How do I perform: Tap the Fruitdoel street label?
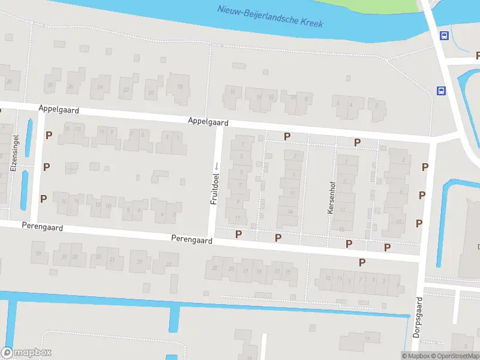[214, 188]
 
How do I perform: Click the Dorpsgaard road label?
[417, 317]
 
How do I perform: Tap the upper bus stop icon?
[444, 35]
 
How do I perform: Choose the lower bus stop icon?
[441, 91]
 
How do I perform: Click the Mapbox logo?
[26, 352]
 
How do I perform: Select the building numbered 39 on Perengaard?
[40, 254]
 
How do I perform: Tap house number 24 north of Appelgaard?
[100, 88]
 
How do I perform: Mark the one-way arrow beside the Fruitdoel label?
[217, 165]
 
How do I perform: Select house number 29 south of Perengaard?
[140, 262]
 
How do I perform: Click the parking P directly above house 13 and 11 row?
[48, 136]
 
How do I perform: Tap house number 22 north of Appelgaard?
[126, 90]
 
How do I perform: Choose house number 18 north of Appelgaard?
[179, 86]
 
